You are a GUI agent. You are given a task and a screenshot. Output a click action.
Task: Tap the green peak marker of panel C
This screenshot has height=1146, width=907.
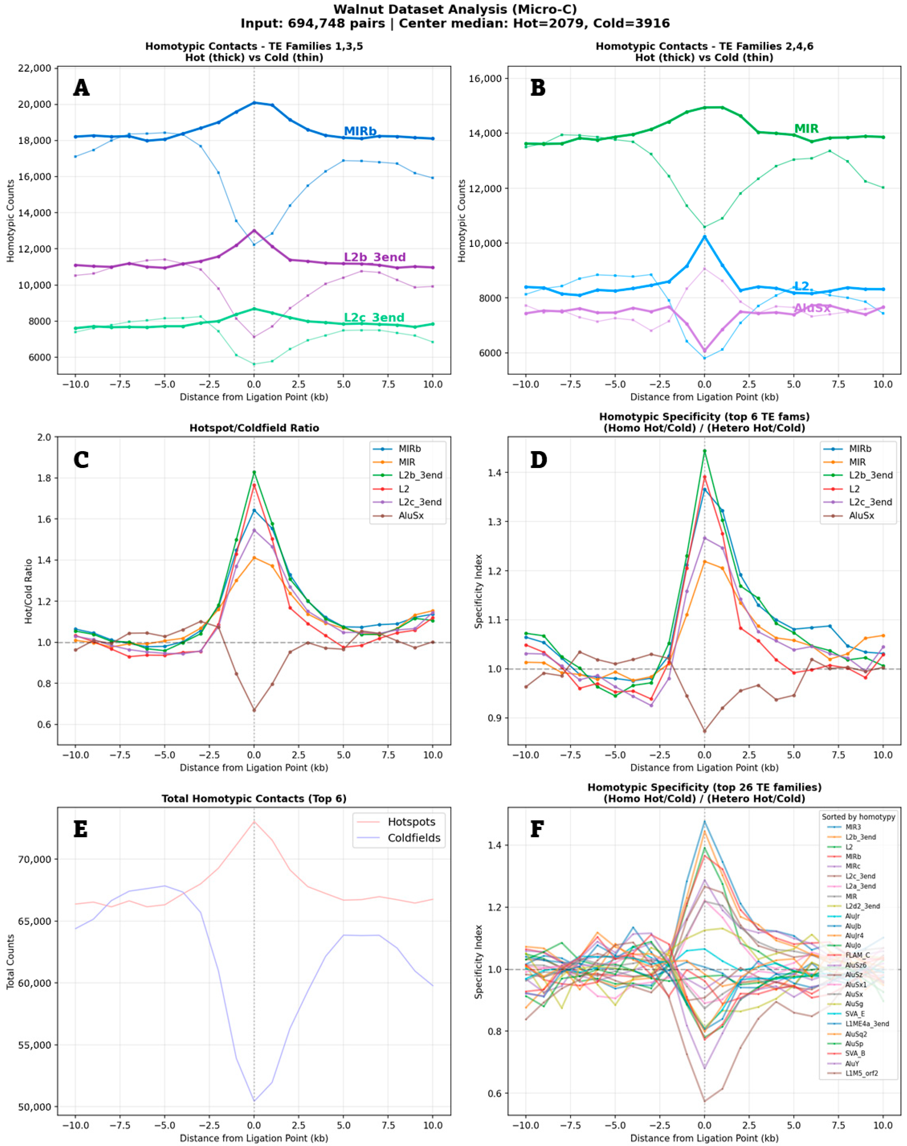(254, 472)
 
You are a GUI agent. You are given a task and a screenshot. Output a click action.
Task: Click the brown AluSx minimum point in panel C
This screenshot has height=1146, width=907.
(254, 710)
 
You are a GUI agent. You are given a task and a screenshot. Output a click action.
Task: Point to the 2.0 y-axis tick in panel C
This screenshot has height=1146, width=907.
(45, 437)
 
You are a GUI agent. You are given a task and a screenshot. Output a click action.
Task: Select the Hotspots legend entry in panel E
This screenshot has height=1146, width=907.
(411, 821)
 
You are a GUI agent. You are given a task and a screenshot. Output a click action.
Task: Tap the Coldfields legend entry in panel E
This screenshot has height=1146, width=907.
(414, 838)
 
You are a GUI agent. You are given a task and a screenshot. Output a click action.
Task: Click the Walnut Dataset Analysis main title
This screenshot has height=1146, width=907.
(454, 9)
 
